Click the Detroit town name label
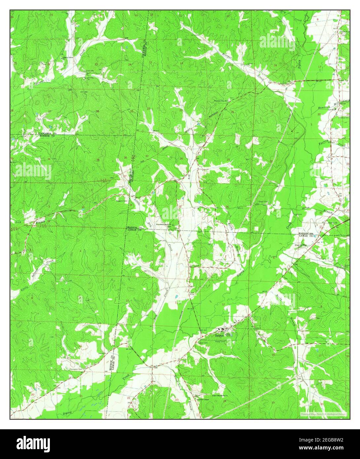(219, 335)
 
